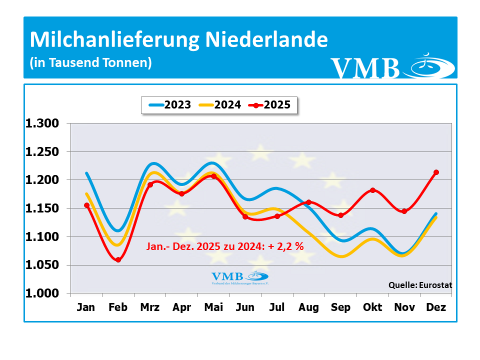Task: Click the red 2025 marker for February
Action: click(x=118, y=260)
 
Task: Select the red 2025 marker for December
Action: click(x=436, y=172)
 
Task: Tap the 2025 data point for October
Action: click(x=372, y=190)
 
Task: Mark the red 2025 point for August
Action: click(x=309, y=202)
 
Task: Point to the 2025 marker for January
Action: click(x=87, y=205)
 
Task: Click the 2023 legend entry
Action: click(x=170, y=105)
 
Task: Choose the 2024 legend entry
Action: click(x=220, y=105)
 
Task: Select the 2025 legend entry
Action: click(x=270, y=105)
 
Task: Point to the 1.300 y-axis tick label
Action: click(x=42, y=124)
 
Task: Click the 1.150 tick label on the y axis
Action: click(x=42, y=208)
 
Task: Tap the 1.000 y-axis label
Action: click(x=42, y=293)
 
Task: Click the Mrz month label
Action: click(x=150, y=307)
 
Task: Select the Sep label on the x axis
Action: click(x=340, y=307)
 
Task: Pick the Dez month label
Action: click(x=436, y=307)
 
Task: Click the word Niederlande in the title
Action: click(x=266, y=40)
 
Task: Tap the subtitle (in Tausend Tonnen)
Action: click(x=91, y=63)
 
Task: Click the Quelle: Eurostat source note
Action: click(x=420, y=285)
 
